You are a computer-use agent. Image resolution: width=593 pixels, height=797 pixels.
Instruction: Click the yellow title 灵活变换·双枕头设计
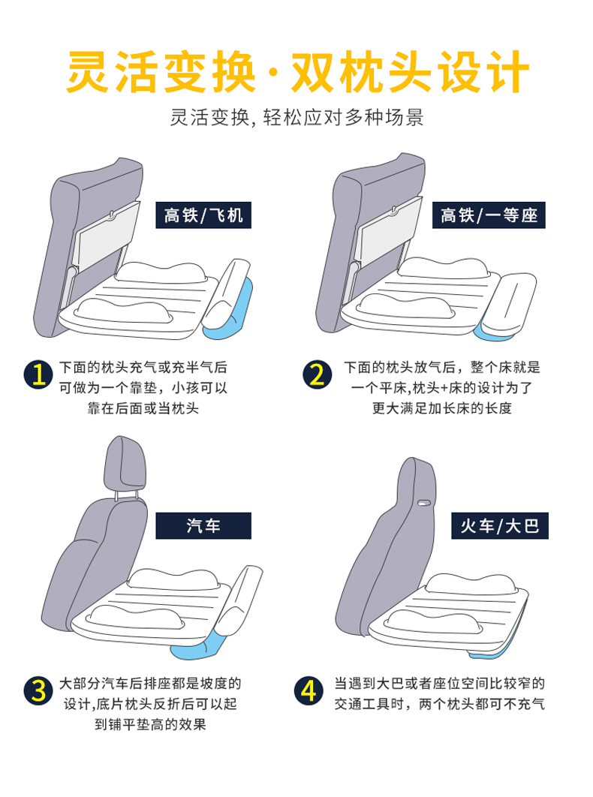pyautogui.click(x=297, y=73)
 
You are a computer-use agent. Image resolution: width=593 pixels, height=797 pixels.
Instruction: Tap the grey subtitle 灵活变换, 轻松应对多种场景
pyautogui.click(x=297, y=119)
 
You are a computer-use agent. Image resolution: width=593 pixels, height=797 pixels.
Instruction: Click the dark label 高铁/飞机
pyautogui.click(x=203, y=216)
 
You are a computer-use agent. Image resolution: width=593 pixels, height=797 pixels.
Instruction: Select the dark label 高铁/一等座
pyautogui.click(x=489, y=216)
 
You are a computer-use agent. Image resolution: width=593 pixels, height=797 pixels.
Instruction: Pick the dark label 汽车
pyautogui.click(x=203, y=526)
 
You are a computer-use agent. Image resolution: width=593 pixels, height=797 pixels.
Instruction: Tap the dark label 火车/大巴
pyautogui.click(x=499, y=526)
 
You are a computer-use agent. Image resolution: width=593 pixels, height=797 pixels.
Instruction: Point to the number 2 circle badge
pyautogui.click(x=318, y=374)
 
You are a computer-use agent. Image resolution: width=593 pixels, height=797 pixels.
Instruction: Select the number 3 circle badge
pyautogui.click(x=37, y=690)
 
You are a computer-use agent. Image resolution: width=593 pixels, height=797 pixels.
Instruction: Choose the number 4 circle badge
pyautogui.click(x=308, y=690)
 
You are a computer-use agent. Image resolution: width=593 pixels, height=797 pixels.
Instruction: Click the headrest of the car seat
pyautogui.click(x=122, y=462)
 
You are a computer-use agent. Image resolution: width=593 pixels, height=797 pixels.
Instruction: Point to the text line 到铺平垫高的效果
pyautogui.click(x=150, y=724)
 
